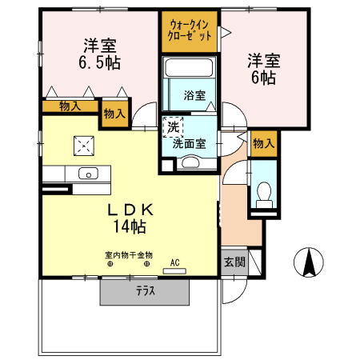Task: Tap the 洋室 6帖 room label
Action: [x=262, y=68]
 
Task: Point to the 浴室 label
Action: [x=194, y=94]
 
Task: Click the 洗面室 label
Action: [x=190, y=144]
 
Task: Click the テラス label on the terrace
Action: [x=145, y=292]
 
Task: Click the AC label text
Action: [x=174, y=262]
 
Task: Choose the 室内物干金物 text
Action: [x=128, y=256]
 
